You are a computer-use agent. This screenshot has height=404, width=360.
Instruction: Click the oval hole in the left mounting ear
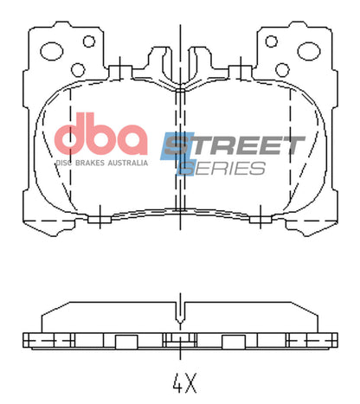click(x=53, y=51)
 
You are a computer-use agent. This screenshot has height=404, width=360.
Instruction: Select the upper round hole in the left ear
click(x=88, y=41)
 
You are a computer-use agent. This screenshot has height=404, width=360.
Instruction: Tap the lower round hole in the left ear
click(x=77, y=68)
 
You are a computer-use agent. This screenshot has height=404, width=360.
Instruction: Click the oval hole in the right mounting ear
click(x=307, y=51)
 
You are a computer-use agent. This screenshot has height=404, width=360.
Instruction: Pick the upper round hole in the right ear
click(x=272, y=41)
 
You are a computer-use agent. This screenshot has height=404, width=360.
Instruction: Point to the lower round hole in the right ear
click(x=283, y=68)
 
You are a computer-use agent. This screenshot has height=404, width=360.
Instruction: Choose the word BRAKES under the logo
click(x=90, y=162)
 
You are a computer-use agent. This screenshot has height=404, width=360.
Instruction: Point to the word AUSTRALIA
click(x=126, y=162)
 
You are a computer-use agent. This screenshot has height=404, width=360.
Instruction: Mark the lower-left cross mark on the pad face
click(x=100, y=215)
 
